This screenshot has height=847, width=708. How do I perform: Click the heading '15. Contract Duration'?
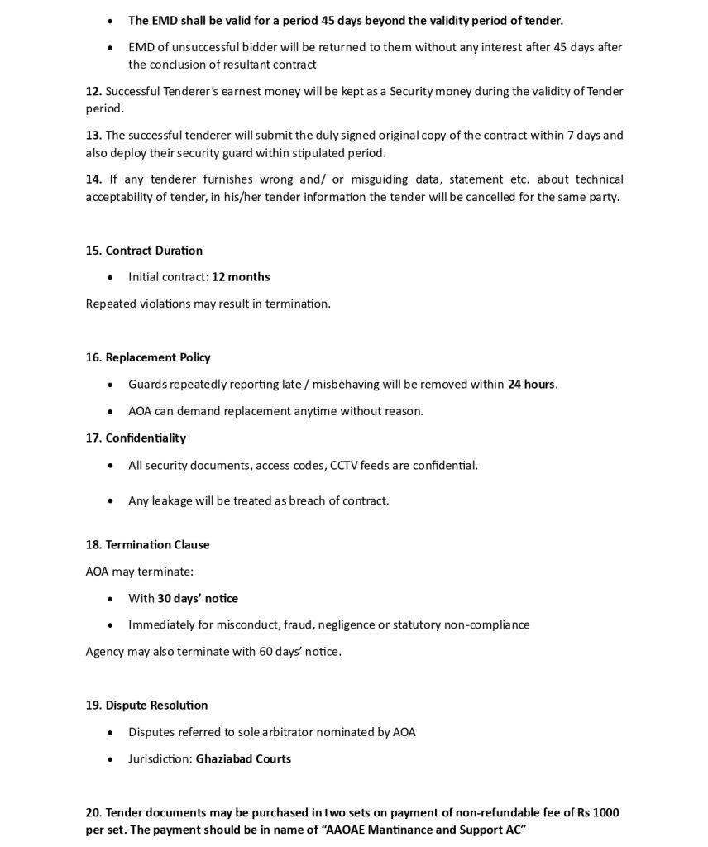144,251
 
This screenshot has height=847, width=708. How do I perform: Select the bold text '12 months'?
241,277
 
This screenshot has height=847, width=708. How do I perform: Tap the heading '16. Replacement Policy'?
148,357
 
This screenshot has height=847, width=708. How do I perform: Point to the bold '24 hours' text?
531,385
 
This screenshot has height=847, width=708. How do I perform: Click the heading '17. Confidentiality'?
136,438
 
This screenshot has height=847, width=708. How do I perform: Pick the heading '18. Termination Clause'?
147,544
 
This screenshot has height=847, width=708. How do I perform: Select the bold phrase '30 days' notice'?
198,598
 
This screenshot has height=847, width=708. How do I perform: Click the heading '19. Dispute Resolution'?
146,706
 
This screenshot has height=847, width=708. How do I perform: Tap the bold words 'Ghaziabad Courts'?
243,758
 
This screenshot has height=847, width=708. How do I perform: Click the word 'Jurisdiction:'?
160,758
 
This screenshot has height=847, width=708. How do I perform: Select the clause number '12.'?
93,92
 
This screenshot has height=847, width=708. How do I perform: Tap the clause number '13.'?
93,136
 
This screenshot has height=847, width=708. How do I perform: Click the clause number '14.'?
93,179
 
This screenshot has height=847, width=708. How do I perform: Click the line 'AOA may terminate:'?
139,572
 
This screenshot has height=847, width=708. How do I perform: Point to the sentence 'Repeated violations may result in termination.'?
208,304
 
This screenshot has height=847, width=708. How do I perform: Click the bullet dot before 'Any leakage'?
112,501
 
